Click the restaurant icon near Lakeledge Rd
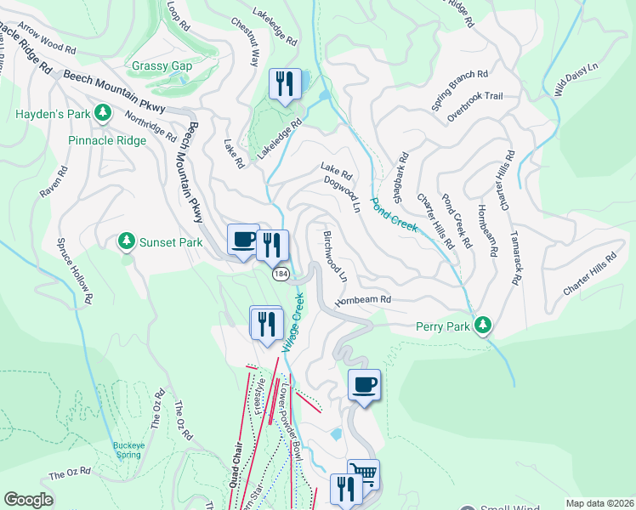point(283,83)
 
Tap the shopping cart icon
point(363,473)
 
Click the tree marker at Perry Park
point(483,325)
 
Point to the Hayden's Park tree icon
point(103,112)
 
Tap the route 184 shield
point(280,275)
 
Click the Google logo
point(28,500)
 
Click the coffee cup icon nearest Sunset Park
point(243,239)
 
